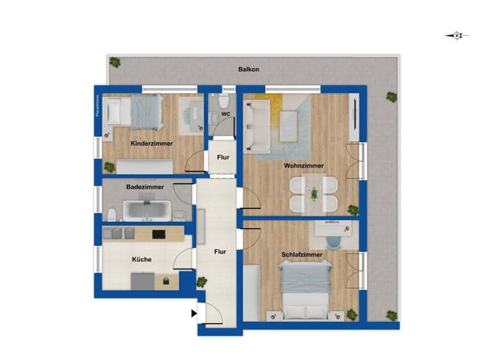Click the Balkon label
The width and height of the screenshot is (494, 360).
click(248, 69)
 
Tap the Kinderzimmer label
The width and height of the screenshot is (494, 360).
click(152, 143)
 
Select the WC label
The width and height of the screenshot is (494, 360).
click(226, 114)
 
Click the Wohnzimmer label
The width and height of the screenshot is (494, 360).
click(304, 165)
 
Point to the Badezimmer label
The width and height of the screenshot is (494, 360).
click(145, 187)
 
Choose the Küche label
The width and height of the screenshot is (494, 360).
click(142, 259)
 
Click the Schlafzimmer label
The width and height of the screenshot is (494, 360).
click(302, 255)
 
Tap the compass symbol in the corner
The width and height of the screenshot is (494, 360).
click(457, 36)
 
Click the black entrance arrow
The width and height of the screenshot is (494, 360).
click(194, 314)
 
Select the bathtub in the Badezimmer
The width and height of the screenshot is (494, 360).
click(147, 210)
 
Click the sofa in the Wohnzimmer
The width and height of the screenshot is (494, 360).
click(261, 125)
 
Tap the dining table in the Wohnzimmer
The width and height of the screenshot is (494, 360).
click(314, 194)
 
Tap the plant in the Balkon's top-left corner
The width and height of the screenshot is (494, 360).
click(114, 62)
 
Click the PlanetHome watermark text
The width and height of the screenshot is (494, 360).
click(98, 106)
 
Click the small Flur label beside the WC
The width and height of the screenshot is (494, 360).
click(223, 157)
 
